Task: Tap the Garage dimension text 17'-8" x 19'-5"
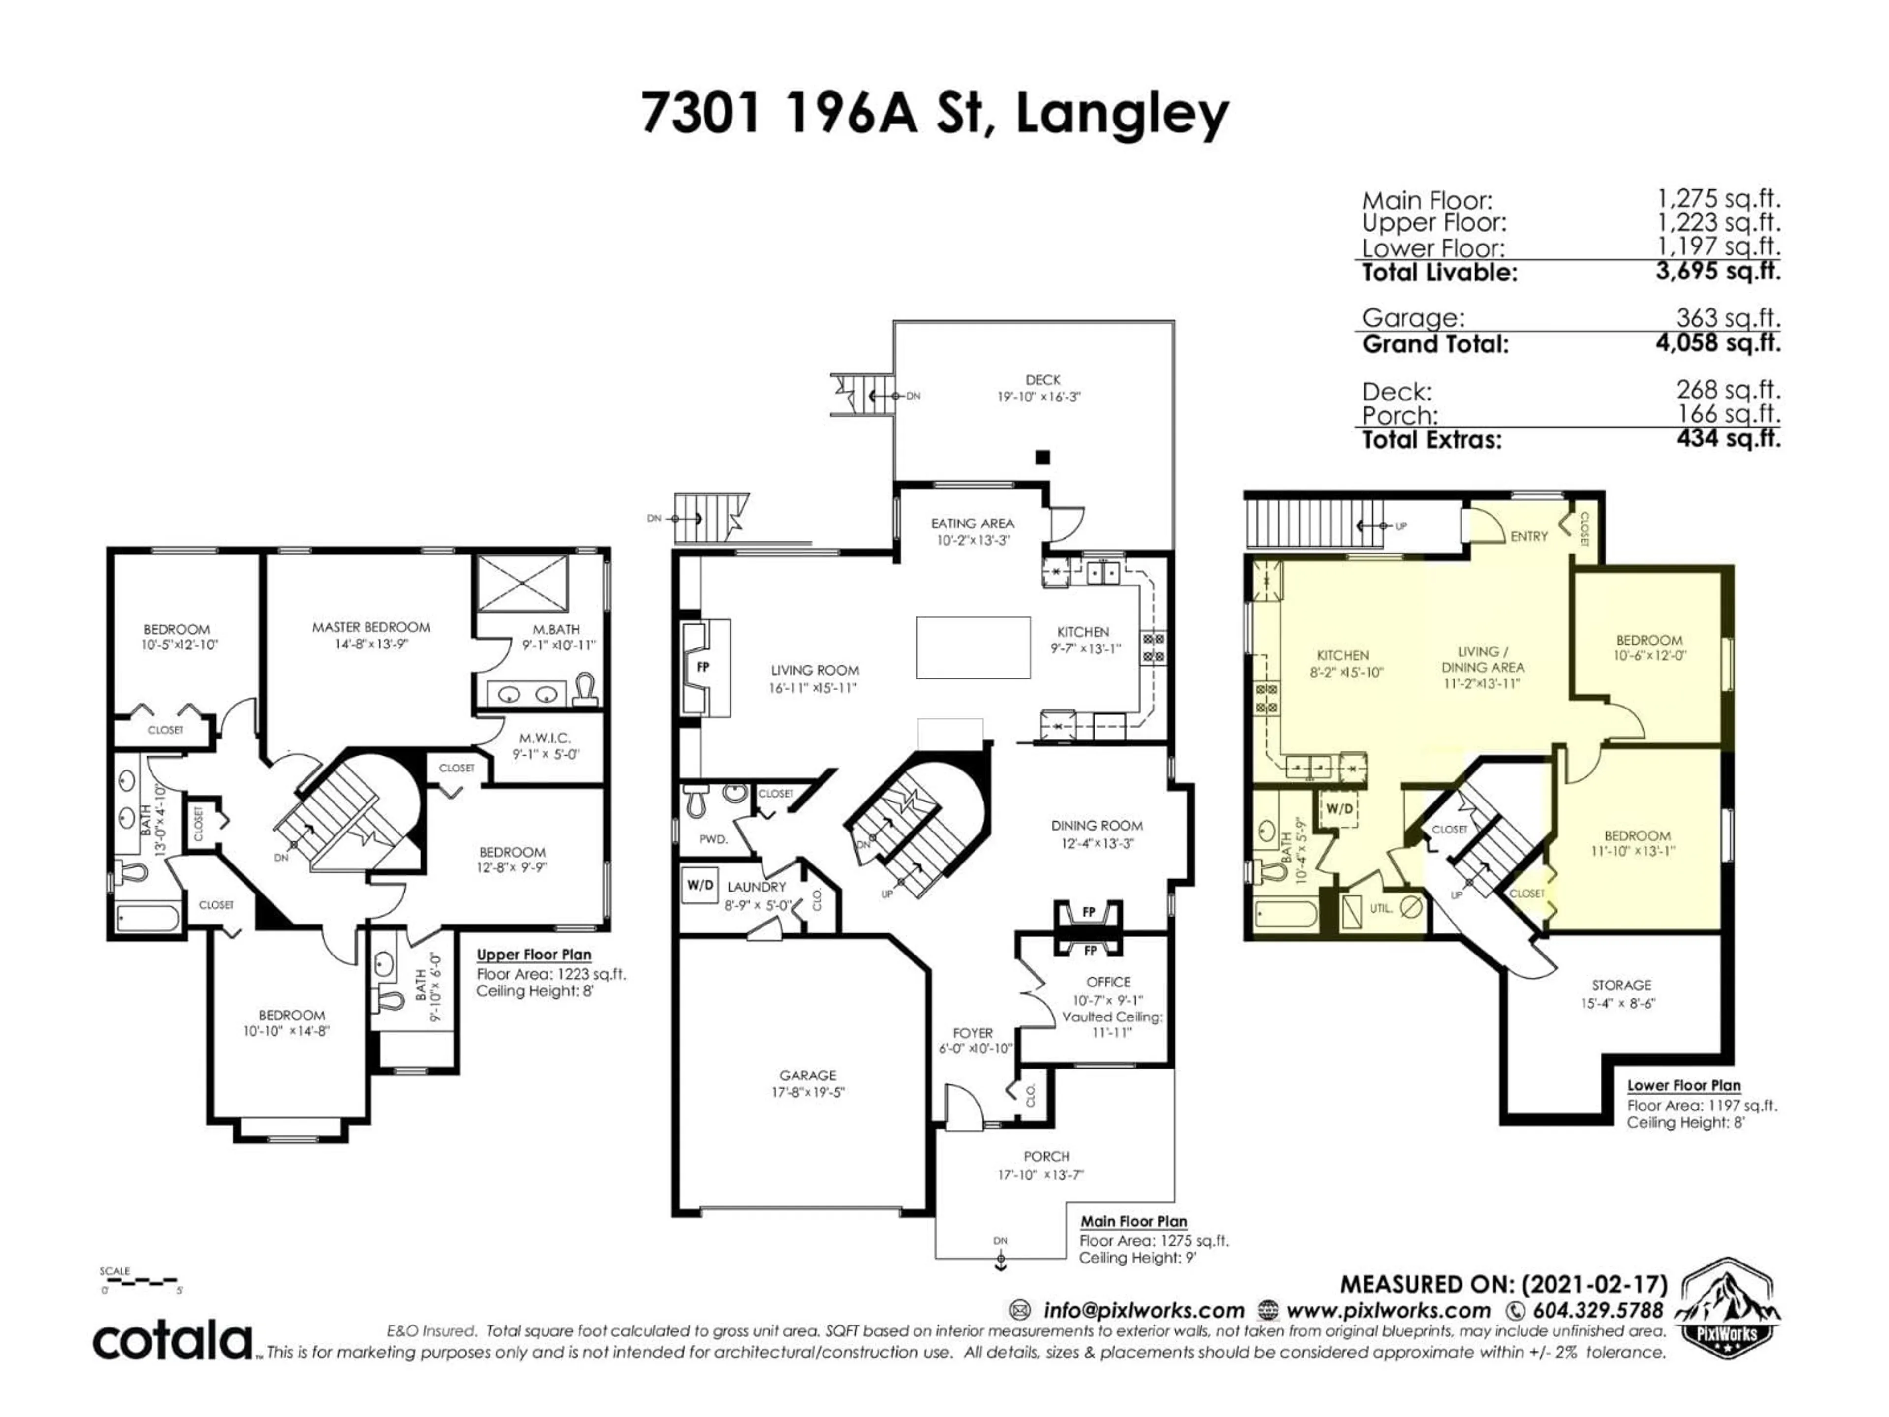click(x=807, y=1092)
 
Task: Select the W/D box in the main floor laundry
click(x=701, y=885)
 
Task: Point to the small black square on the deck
click(x=1042, y=457)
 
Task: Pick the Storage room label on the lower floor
click(x=1621, y=985)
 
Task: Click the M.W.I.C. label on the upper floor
click(x=545, y=737)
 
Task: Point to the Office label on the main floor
click(x=1108, y=982)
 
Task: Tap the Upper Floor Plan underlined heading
click(x=534, y=955)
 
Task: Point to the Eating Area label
click(x=972, y=523)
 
